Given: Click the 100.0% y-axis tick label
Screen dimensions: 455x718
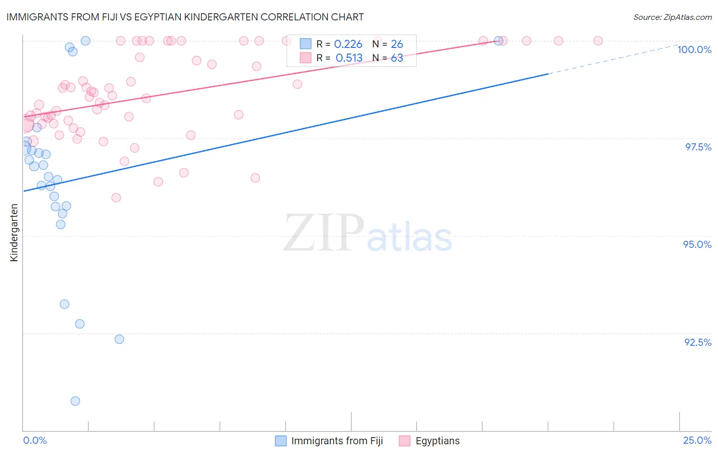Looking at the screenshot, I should pyautogui.click(x=694, y=49).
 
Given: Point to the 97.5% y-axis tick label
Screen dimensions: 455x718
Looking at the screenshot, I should pyautogui.click(x=698, y=147).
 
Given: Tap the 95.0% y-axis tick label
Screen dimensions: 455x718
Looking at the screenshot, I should pyautogui.click(x=697, y=244).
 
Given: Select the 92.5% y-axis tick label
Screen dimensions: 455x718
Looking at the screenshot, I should pyautogui.click(x=698, y=342).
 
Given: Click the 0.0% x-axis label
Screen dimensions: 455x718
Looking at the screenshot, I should pyautogui.click(x=35, y=440).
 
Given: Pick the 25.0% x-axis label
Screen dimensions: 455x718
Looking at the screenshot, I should pyautogui.click(x=697, y=440).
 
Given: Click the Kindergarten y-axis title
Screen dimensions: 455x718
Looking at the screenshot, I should pyautogui.click(x=14, y=233).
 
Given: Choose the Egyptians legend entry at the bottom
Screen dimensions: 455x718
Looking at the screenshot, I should pyautogui.click(x=437, y=441).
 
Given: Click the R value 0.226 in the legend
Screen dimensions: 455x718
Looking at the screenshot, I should pyautogui.click(x=348, y=44).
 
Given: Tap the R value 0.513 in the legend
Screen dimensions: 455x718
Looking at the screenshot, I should pyautogui.click(x=349, y=58).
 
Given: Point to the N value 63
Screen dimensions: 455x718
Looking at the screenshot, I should pyautogui.click(x=397, y=58).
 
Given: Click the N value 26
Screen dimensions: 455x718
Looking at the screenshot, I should pyautogui.click(x=397, y=44).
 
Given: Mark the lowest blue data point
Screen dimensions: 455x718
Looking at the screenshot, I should pyautogui.click(x=75, y=401).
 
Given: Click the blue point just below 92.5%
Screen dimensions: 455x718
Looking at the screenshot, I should pyautogui.click(x=119, y=339).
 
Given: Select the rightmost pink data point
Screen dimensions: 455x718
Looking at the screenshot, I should pyautogui.click(x=598, y=41).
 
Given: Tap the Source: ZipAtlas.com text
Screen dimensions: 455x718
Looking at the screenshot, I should pyautogui.click(x=672, y=17).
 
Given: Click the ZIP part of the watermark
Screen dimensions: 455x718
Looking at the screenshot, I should pyautogui.click(x=323, y=234).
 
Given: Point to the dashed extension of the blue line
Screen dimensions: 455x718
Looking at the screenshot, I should pyautogui.click(x=613, y=59).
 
